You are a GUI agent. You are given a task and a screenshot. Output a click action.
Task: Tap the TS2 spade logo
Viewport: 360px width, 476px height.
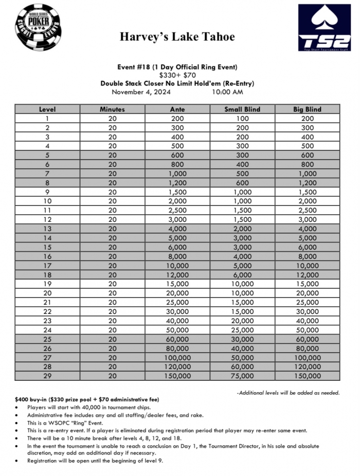323,28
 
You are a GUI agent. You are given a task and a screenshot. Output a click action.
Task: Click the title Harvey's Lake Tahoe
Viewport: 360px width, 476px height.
177,37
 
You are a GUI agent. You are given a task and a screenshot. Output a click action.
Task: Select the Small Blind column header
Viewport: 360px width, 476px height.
242,109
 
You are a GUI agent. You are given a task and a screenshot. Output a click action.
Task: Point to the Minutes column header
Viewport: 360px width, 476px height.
112,109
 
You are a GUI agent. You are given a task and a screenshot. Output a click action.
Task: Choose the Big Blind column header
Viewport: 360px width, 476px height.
308,109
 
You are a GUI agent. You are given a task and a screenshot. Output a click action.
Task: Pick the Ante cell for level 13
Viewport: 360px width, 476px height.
177,228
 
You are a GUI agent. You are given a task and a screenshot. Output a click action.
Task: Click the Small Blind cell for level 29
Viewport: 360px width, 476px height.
242,376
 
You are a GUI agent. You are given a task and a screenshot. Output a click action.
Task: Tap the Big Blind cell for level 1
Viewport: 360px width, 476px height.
308,118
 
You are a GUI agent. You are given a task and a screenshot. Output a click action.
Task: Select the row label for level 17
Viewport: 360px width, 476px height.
47,266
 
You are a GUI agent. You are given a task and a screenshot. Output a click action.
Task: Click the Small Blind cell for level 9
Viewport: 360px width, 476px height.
242,192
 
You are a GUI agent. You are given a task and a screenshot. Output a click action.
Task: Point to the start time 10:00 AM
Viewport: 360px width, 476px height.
227,92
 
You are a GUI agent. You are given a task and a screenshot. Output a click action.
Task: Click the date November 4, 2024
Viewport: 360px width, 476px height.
141,92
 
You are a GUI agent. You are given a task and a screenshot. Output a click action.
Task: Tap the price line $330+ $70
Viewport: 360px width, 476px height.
177,75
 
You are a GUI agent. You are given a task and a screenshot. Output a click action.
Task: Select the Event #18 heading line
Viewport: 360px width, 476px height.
177,67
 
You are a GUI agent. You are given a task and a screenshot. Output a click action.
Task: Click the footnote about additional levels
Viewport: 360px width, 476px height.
289,393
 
